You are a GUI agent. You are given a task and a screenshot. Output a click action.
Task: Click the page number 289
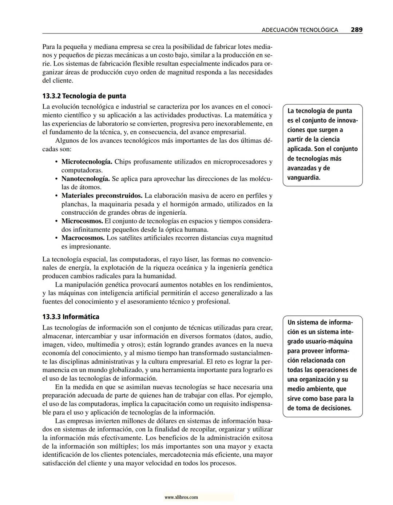[356, 30]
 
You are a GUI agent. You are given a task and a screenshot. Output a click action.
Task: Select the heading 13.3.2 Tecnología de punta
[84, 96]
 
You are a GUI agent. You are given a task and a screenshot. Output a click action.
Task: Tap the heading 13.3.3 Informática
[71, 317]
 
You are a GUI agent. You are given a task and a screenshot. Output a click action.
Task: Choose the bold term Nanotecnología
[86, 179]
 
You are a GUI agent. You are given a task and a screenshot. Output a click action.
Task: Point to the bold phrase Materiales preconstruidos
[102, 196]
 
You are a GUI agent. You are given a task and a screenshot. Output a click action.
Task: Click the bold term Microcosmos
[82, 221]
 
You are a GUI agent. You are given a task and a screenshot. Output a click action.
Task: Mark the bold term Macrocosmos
[83, 238]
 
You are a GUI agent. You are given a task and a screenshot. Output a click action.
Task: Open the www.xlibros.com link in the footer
[181, 497]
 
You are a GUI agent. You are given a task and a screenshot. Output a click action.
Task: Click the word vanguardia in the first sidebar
[303, 178]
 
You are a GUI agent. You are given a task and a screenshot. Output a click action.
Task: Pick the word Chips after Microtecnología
[123, 162]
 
